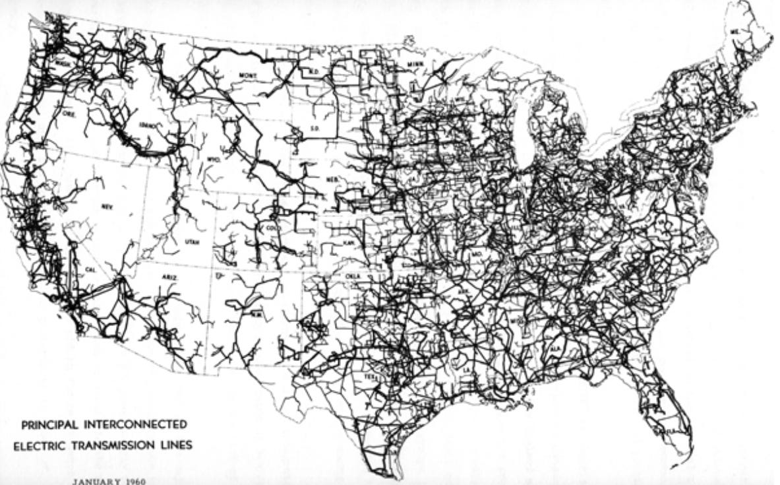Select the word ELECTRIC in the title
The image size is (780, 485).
(x=42, y=445)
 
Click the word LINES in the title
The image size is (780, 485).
(x=178, y=445)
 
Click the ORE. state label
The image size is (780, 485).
(x=68, y=113)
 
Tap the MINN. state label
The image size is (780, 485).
(x=416, y=64)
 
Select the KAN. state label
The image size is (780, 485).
(x=349, y=242)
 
